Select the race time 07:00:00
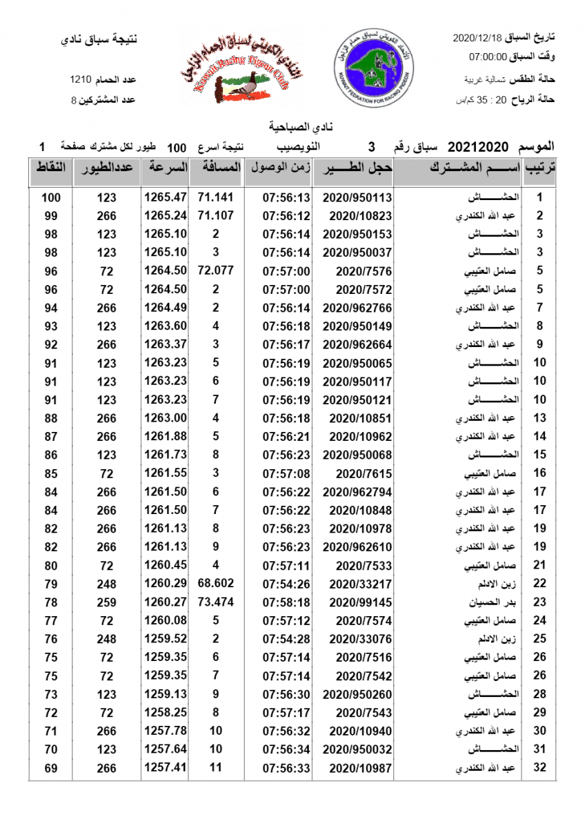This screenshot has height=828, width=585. pyautogui.click(x=488, y=57)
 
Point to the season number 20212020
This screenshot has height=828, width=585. pyautogui.click(x=479, y=146)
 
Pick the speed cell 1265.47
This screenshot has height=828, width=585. pyautogui.click(x=166, y=197)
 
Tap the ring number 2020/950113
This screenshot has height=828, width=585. pyautogui.click(x=357, y=197)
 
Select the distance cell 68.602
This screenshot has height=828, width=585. pyautogui.click(x=216, y=583)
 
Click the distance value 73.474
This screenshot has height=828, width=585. pyautogui.click(x=216, y=602)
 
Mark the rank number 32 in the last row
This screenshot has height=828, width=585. pyautogui.click(x=540, y=767)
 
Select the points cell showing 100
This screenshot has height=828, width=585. pyautogui.click(x=51, y=197)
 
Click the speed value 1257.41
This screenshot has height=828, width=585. pyautogui.click(x=166, y=767)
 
